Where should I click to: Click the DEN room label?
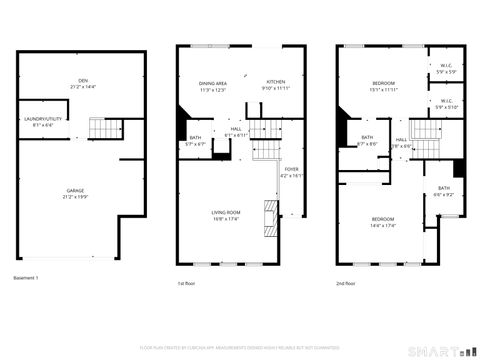point(70,81)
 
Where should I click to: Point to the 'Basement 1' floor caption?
point(27,277)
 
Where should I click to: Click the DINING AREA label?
point(211,83)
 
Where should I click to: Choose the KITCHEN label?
point(275,83)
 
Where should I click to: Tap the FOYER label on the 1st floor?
point(291,170)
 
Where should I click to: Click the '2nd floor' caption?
point(346,283)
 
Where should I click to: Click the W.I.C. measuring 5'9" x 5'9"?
point(446,72)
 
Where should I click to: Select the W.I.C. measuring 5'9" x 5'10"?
point(446,107)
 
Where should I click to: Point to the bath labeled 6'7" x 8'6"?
point(367,143)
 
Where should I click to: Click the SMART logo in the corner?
point(440,351)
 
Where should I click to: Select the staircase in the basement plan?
point(104,128)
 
